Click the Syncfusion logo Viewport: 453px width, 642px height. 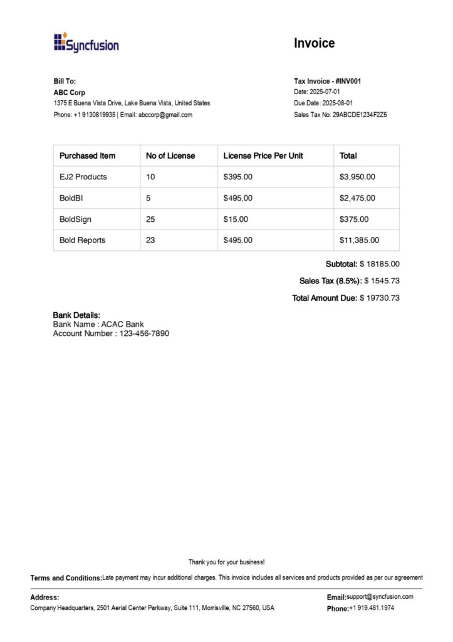tap(86, 43)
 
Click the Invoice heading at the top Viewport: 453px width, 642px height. tap(314, 43)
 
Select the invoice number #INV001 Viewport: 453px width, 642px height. tap(348, 82)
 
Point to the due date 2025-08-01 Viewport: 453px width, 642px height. tap(337, 103)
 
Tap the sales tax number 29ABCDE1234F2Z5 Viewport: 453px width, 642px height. tap(359, 115)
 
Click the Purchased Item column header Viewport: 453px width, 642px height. tap(87, 155)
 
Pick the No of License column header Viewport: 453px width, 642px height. tap(170, 155)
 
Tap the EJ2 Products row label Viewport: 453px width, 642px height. tap(83, 177)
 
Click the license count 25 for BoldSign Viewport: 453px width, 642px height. tap(150, 219)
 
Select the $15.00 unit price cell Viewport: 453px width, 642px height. tap(236, 219)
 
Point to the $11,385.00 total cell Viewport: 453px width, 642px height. tap(359, 240)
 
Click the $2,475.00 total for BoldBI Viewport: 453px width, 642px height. tap(357, 198)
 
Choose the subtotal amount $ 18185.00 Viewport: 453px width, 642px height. tap(379, 264)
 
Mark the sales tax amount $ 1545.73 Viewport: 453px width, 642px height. tap(382, 281)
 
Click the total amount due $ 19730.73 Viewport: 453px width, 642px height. tap(379, 298)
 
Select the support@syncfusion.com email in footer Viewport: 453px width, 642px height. tap(380, 597)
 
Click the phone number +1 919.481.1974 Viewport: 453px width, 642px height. tap(372, 608)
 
